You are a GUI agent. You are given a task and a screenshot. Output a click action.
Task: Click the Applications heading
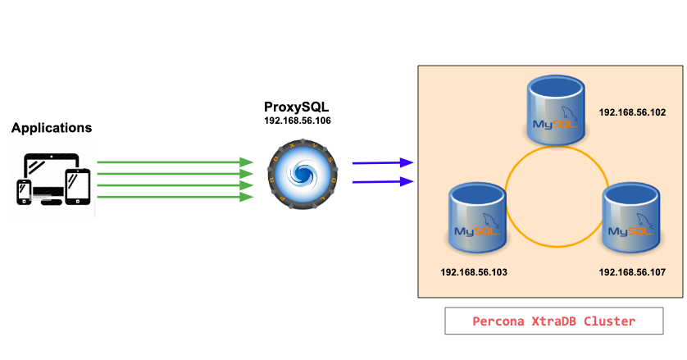[x=52, y=128]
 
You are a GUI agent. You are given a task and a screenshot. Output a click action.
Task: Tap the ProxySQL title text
[x=297, y=107]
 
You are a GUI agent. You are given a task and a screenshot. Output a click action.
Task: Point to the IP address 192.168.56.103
[x=473, y=271]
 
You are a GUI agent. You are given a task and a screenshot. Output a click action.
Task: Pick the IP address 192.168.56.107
[x=632, y=271]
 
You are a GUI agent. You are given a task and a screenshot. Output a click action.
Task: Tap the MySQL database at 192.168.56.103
[x=479, y=219]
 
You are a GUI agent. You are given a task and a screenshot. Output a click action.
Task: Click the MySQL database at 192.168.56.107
[x=632, y=219]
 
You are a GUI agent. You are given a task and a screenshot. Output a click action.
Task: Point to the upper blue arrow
[x=382, y=163]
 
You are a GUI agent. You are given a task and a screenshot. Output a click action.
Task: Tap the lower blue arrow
[x=382, y=181]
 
